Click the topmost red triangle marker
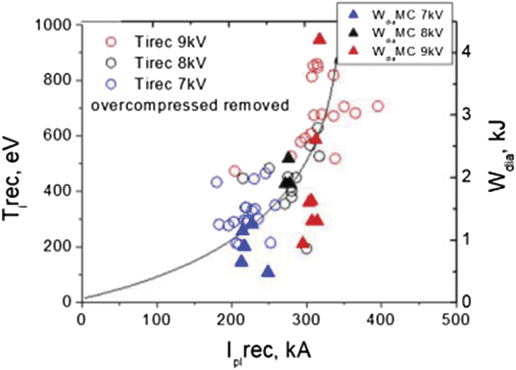[320, 39]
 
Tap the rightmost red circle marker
[378, 106]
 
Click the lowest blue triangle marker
[267, 271]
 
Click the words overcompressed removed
[188, 106]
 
